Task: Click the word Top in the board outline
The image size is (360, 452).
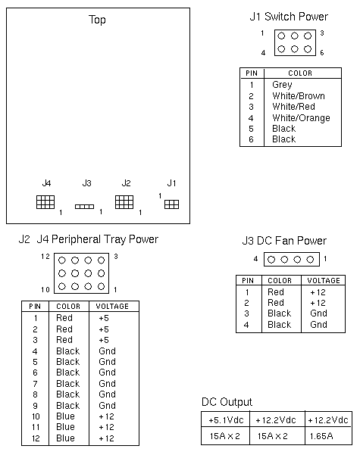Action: tap(97, 20)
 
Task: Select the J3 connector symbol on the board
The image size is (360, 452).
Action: tap(85, 207)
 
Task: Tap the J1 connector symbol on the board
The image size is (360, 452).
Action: tap(171, 204)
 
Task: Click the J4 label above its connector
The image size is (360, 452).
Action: tap(46, 183)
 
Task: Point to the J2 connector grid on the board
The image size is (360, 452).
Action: tap(124, 202)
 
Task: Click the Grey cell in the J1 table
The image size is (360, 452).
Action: tap(282, 85)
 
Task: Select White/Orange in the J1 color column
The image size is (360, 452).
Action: tap(301, 118)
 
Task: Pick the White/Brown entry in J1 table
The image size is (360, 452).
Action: tap(299, 95)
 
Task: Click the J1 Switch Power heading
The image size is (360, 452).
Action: tap(289, 17)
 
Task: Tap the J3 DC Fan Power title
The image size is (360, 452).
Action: tap(284, 241)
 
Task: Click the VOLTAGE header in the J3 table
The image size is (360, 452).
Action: tap(324, 280)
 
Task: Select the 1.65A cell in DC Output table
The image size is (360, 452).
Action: tap(321, 436)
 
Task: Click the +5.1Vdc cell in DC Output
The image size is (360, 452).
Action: tap(226, 420)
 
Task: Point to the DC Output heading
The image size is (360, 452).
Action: tap(227, 402)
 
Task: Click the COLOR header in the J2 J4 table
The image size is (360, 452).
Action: tap(68, 306)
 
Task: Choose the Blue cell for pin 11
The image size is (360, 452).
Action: tap(65, 427)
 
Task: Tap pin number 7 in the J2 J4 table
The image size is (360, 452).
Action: tap(35, 384)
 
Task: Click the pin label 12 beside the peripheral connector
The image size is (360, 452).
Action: tap(45, 256)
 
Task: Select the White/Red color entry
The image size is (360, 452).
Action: tap(293, 107)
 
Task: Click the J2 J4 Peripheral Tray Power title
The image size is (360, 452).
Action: tap(89, 239)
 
